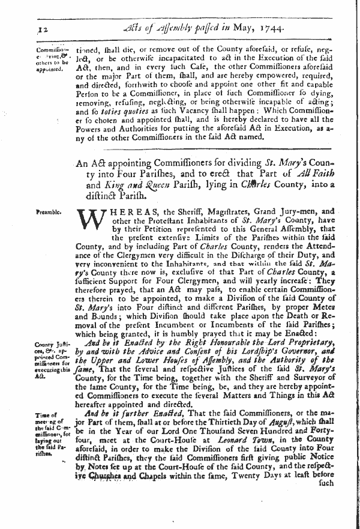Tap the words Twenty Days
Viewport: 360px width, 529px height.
click(x=251, y=491)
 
